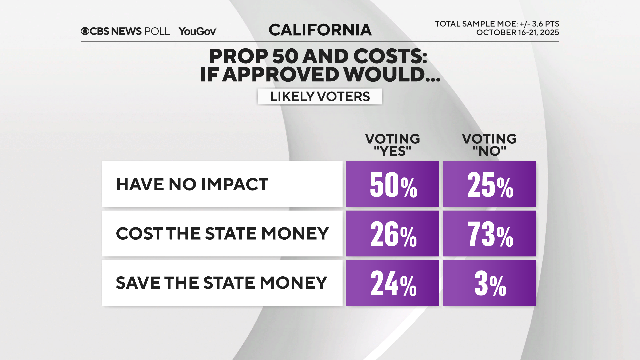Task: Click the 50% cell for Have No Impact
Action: (x=392, y=184)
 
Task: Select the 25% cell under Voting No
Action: (x=489, y=184)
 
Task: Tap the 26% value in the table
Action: (x=392, y=234)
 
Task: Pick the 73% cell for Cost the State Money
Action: (x=489, y=234)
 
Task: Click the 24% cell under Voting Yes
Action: (x=392, y=283)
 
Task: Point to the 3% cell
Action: (x=489, y=283)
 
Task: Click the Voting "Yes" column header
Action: (x=392, y=145)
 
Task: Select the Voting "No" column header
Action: (x=489, y=145)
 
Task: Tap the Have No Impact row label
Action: (x=192, y=184)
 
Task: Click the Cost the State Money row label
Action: (x=222, y=234)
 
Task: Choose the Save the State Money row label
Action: (x=221, y=283)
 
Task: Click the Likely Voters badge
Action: (x=320, y=97)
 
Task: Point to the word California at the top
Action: (x=320, y=30)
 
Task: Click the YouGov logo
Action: (x=197, y=31)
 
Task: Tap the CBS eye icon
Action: (x=85, y=31)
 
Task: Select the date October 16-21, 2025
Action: (x=517, y=33)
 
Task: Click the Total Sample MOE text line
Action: (x=497, y=24)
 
